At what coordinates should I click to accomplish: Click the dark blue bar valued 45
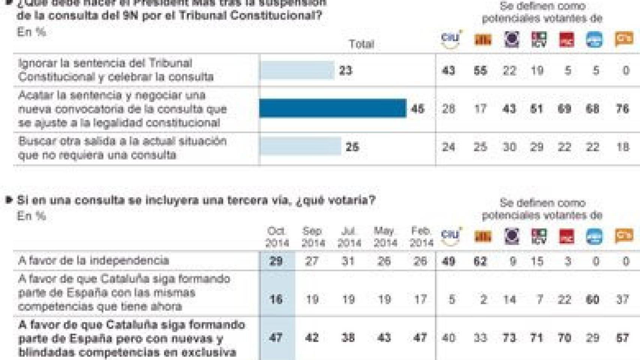332,108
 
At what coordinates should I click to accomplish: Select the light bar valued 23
296,70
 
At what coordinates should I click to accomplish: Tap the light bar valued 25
300,147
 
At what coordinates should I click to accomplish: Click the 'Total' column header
361,44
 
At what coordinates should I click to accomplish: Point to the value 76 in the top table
622,109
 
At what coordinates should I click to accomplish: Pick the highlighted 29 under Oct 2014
276,261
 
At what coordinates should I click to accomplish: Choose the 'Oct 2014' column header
277,237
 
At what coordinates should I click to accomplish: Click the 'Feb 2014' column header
421,237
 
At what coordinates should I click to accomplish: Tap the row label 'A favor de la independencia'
93,260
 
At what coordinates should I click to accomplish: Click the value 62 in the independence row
481,261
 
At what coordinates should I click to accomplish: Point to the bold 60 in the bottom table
593,299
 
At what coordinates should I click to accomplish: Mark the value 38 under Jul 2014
348,337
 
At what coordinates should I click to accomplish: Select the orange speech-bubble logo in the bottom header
624,236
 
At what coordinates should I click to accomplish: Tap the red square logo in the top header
566,39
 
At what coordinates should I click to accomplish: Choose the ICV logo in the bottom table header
539,236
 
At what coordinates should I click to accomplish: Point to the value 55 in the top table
481,70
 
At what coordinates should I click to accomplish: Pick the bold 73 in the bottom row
509,337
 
